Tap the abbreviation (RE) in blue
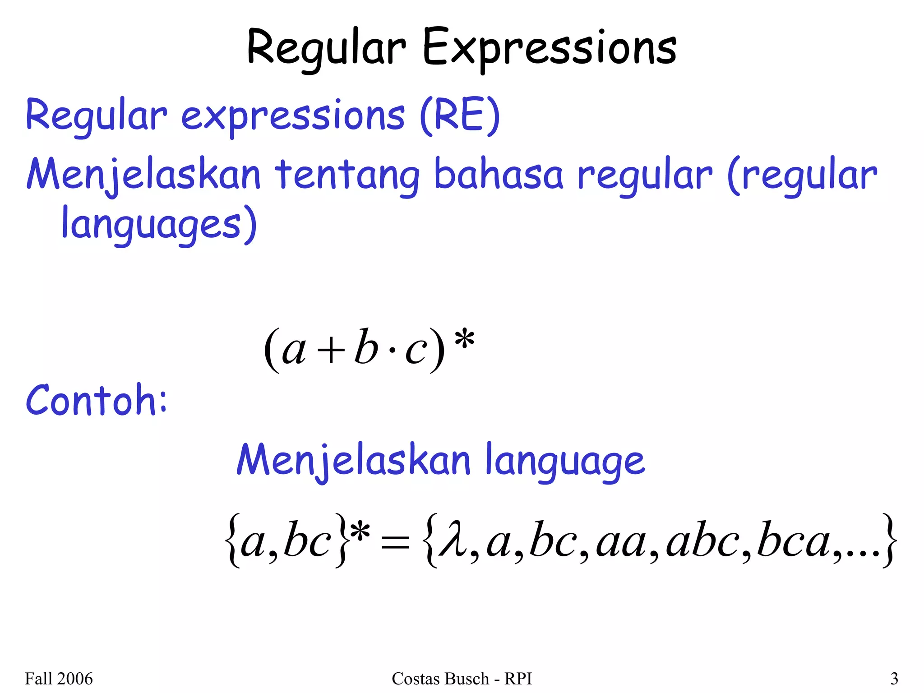coord(459,115)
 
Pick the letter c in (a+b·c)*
coord(416,351)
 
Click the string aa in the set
coord(621,544)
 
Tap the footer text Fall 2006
coord(59,679)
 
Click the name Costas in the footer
coord(411,679)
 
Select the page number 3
coord(894,679)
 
